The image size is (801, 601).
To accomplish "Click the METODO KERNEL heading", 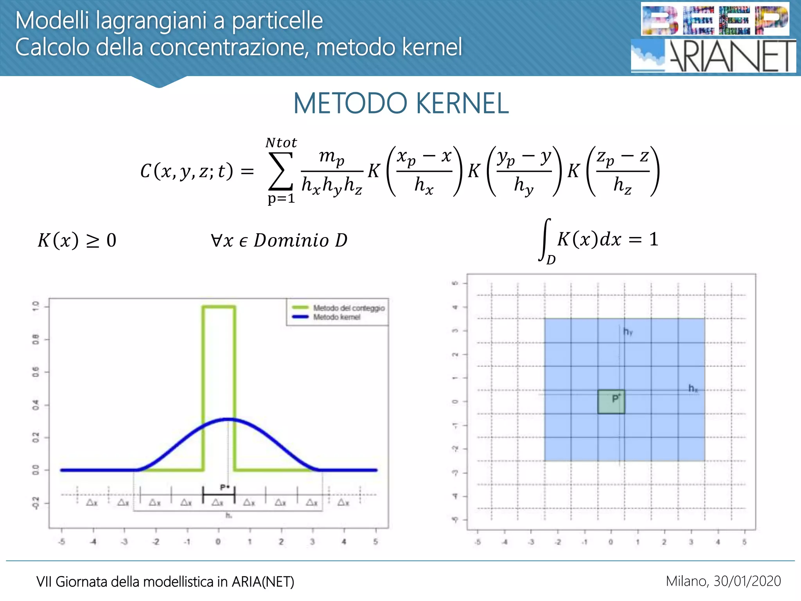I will click(x=401, y=103).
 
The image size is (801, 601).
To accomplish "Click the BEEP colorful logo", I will click(x=715, y=20).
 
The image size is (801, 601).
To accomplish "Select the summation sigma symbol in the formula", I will click(x=280, y=171).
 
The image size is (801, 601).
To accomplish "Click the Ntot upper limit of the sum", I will click(x=281, y=142).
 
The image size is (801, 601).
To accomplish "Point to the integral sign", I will click(x=544, y=239).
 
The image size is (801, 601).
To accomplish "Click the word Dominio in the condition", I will click(x=291, y=240).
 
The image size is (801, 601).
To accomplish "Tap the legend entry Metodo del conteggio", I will click(x=348, y=308).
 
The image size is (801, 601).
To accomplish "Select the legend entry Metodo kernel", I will click(x=336, y=317).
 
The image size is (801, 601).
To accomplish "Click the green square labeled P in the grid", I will click(x=611, y=401).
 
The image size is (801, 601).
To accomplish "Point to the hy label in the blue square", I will click(x=628, y=332).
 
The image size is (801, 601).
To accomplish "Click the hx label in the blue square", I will click(x=693, y=388).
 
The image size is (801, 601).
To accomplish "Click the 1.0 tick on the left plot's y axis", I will click(x=36, y=306).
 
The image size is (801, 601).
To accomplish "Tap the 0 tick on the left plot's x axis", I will click(x=218, y=542).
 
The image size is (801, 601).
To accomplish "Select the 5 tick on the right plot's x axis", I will click(x=744, y=542).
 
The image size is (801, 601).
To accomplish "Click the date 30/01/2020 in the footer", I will click(x=747, y=581).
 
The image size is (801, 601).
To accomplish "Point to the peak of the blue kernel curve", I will click(x=228, y=419).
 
